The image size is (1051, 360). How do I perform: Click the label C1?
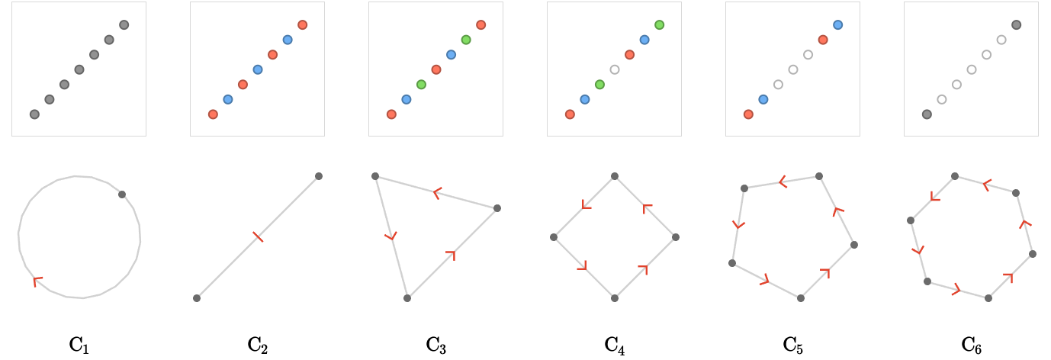coord(79,346)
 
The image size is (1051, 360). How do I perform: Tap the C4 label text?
coord(614,346)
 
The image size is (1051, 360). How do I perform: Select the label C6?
coord(971,346)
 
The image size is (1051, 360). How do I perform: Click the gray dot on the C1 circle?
coord(122,194)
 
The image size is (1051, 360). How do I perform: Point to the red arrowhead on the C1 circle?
coord(37,281)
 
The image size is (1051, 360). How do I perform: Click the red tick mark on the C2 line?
coord(258,237)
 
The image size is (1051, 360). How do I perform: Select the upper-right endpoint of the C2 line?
coord(319,176)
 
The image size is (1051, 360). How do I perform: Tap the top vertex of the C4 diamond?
coord(615,176)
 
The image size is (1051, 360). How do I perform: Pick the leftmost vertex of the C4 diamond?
coord(554,237)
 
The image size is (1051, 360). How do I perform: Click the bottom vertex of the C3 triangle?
coord(407,298)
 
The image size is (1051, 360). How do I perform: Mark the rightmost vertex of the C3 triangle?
coord(497,208)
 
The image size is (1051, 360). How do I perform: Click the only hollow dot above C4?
coord(615,70)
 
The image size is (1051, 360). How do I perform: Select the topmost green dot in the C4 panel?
coord(659,25)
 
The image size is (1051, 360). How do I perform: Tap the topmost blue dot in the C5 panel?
coord(838,25)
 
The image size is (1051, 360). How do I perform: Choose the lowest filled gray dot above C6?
coord(927,114)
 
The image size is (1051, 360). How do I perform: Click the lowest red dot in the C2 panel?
coord(213,114)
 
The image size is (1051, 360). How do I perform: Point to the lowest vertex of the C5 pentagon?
coord(801,298)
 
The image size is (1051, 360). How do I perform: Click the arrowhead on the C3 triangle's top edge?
coord(437,192)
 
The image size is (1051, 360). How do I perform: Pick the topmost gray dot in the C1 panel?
coord(124,25)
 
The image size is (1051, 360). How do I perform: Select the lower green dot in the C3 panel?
coord(421,85)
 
